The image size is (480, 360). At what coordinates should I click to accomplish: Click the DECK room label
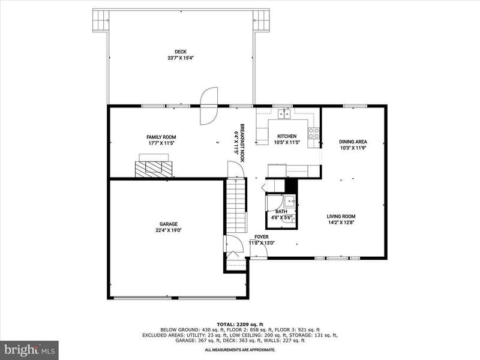[181, 52]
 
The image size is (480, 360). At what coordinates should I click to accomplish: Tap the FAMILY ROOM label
[161, 137]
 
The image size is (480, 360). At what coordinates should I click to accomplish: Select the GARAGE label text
[169, 224]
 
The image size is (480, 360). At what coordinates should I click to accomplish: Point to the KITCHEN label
[287, 136]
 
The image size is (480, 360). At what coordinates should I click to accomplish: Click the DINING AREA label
[353, 142]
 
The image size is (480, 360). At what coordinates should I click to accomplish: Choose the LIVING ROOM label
[341, 217]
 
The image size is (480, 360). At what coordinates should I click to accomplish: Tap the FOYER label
[262, 237]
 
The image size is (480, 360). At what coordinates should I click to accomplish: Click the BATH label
[281, 212]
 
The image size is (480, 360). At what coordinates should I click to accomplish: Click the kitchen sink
[284, 113]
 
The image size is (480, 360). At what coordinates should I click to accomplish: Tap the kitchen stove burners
[314, 133]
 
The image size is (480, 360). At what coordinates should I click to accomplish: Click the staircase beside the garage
[236, 206]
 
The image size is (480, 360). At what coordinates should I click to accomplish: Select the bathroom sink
[290, 202]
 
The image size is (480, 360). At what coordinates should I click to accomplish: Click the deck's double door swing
[209, 106]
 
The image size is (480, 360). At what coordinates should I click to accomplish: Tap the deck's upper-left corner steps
[101, 20]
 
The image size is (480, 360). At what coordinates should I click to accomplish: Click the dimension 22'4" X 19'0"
[169, 230]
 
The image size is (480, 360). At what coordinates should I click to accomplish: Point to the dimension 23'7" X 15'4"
[181, 58]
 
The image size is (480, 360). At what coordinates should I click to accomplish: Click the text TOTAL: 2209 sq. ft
[240, 325]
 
